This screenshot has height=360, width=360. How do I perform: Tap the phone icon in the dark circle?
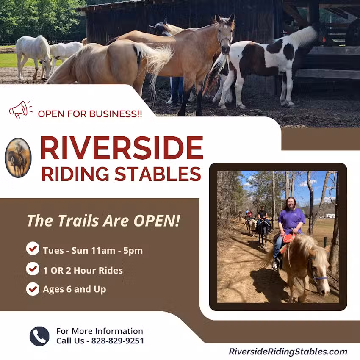[39, 336]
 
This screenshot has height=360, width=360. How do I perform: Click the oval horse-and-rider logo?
[18, 158]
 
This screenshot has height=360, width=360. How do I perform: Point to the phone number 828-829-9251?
[117, 341]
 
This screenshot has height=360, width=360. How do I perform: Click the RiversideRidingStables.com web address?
[288, 352]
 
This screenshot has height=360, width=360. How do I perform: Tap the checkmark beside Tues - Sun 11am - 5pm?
[33, 249]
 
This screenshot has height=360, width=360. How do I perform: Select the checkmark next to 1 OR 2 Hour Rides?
[33, 269]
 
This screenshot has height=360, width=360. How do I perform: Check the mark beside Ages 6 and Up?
[33, 289]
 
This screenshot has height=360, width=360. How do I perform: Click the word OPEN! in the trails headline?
[156, 221]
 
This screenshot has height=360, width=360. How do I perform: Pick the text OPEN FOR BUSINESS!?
[90, 114]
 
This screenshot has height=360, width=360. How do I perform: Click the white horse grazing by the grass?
[34, 53]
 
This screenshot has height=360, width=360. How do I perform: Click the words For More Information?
[100, 331]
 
